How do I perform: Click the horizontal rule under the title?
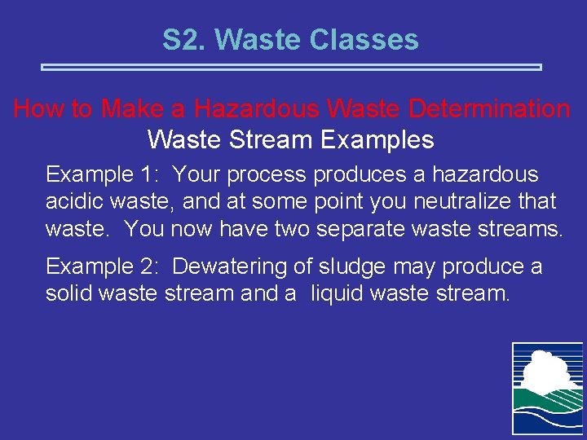[x=292, y=67]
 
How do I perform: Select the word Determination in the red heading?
[x=492, y=108]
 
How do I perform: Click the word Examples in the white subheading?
[x=377, y=139]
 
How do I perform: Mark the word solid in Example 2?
[x=68, y=293]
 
